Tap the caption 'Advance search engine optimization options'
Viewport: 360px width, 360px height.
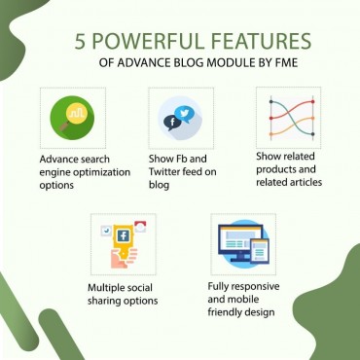(x=75, y=171)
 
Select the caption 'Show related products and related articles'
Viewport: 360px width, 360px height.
(x=289, y=168)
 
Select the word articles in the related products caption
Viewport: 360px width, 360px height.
(x=301, y=181)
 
